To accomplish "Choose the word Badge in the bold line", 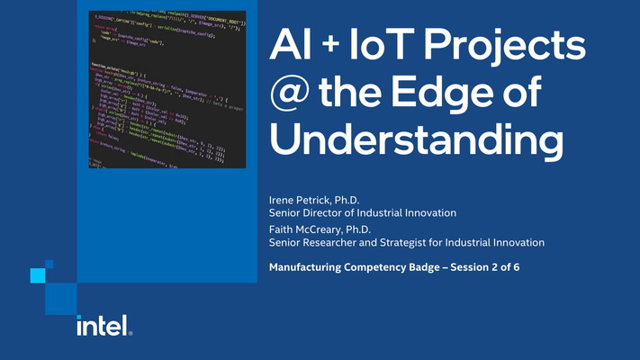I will click(419, 267).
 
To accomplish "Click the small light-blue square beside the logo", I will click(37, 274).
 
